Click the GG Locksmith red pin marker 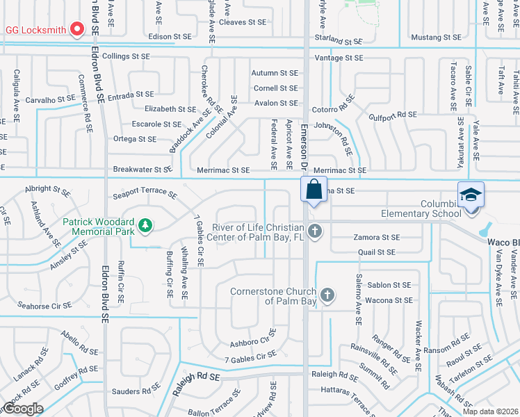78,29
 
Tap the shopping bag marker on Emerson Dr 314,188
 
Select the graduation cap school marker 470,194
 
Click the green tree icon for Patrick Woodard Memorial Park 145,224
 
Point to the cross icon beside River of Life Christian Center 314,231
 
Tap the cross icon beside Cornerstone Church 327,295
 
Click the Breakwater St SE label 142,170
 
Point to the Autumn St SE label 275,73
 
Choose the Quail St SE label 377,252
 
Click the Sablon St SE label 389,285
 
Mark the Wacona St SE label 388,300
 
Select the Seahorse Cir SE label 44,306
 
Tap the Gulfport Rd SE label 392,115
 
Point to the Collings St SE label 126,56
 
